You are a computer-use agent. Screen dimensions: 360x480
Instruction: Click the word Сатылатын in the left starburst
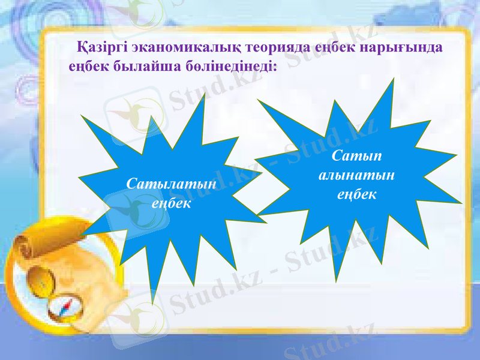(172, 184)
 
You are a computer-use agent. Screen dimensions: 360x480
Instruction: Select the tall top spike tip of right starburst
(393, 80)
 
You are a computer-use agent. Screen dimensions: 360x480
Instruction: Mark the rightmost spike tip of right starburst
(462, 203)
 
